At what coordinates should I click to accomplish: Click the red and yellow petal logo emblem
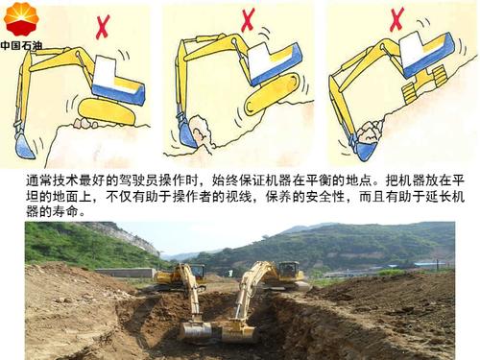click(20, 20)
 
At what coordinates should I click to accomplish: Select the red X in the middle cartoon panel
click(248, 19)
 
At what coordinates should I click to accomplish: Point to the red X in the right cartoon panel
click(396, 18)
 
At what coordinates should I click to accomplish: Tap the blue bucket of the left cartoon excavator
click(25, 146)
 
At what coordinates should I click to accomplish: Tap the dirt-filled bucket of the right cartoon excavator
click(365, 144)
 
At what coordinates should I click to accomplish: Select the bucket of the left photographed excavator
click(196, 331)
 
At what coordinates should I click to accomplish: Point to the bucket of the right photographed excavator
click(238, 331)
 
